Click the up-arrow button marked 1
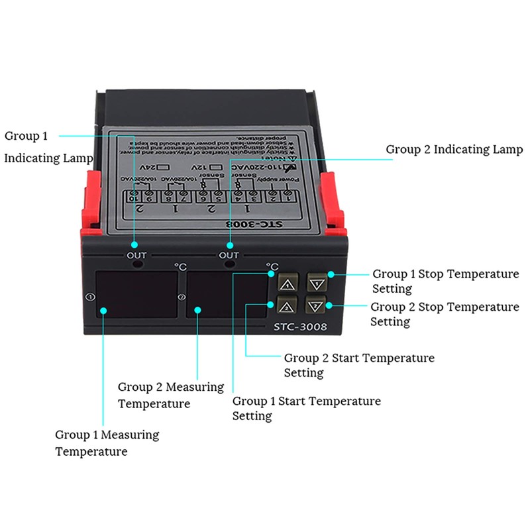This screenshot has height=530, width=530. point(288,284)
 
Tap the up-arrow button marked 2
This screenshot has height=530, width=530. point(288,306)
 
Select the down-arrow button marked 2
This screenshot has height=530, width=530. point(316,306)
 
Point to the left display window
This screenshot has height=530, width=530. point(137,295)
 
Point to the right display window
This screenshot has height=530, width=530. point(227,295)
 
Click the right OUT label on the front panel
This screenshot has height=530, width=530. point(229,255)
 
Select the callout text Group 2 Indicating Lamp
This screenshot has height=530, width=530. point(454,150)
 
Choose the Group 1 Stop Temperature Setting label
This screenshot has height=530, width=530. point(445,281)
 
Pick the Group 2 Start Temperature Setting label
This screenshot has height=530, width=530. point(359,365)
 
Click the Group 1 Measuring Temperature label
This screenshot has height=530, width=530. point(107,443)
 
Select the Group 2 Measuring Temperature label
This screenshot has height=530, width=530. point(170,395)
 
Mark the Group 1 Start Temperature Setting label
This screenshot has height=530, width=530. point(306,408)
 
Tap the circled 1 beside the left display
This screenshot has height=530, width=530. point(91,297)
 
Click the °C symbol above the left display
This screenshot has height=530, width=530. point(180,266)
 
